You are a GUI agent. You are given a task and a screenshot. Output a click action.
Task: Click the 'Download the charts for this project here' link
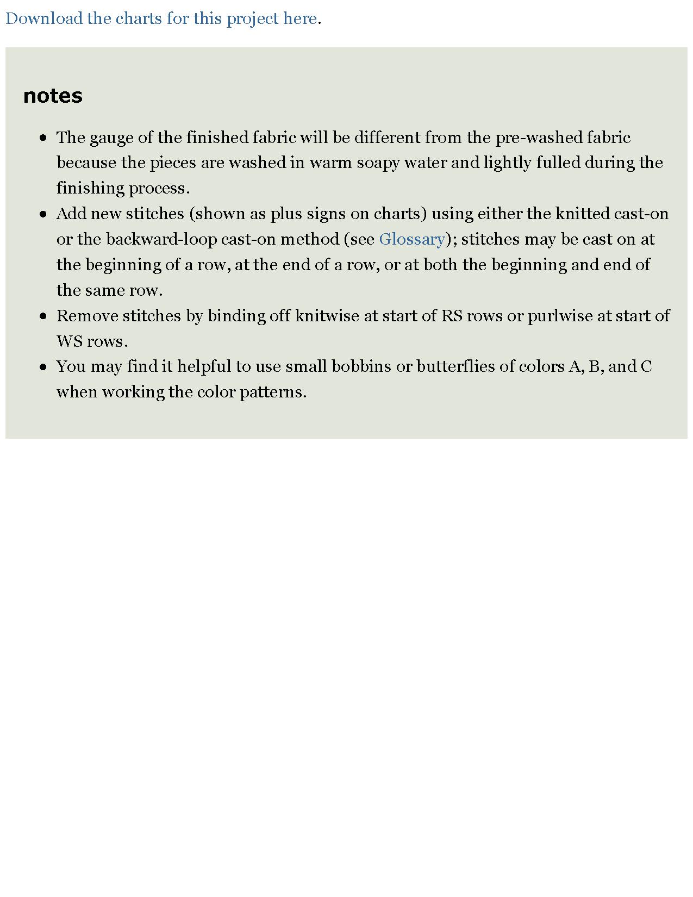pos(161,18)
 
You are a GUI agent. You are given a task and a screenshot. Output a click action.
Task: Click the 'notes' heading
pos(53,96)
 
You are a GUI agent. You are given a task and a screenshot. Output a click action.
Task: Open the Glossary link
pos(412,239)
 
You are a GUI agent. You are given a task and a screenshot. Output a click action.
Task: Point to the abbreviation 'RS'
pos(451,316)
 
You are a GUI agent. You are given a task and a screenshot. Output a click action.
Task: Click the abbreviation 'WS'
pos(69,341)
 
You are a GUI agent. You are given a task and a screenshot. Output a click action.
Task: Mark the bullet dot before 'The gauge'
pos(43,138)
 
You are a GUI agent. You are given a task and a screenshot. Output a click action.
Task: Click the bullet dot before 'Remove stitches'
pos(43,316)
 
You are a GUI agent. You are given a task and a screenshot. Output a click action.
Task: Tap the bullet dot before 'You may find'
pos(43,367)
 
